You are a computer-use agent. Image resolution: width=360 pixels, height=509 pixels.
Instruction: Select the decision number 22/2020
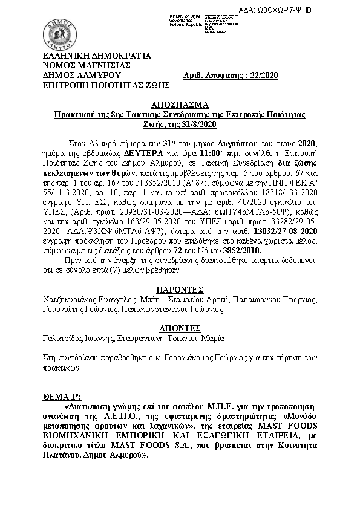pos(262,75)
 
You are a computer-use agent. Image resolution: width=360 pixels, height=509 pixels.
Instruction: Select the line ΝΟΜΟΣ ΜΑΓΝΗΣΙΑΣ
pos(82,65)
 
